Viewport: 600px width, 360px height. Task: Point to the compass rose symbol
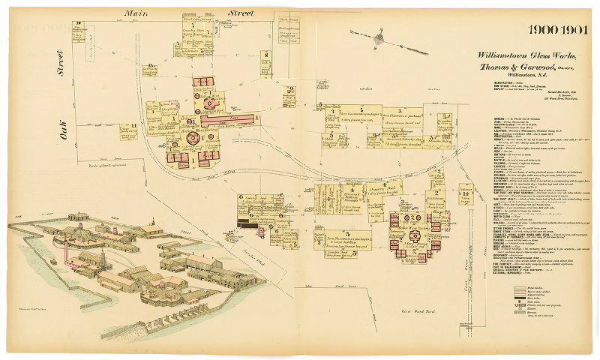pos(380,38)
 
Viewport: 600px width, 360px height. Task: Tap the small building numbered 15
pos(151,70)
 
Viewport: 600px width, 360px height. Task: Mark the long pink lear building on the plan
pos(228,119)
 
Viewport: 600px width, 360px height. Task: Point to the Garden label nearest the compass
pos(366,88)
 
